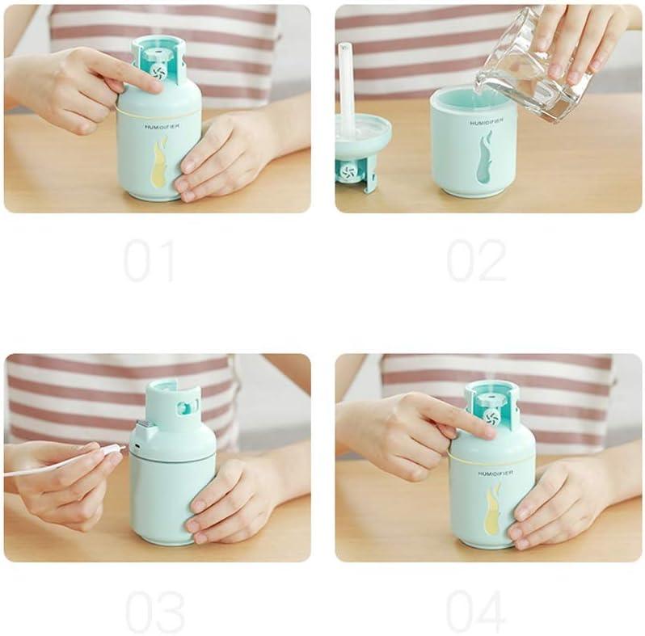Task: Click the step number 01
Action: pyautogui.click(x=149, y=260)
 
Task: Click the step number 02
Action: pyautogui.click(x=476, y=260)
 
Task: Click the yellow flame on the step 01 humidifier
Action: pyautogui.click(x=159, y=162)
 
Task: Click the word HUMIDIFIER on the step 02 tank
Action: pyautogui.click(x=487, y=123)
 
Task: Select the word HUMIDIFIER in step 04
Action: pyautogui.click(x=494, y=473)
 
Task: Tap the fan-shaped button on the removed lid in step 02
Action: pyautogui.click(x=348, y=171)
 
